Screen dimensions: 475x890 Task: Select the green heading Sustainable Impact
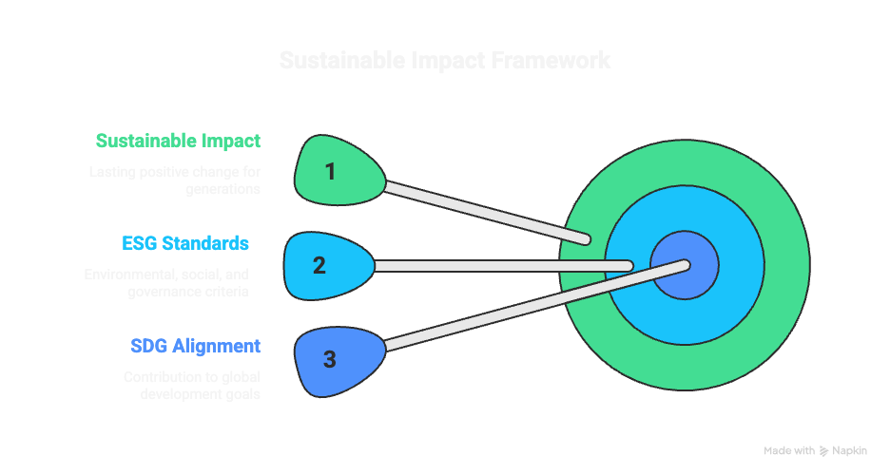pyautogui.click(x=178, y=141)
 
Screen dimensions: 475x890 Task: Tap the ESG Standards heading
pyautogui.click(x=185, y=243)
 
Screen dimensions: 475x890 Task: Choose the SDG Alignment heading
pyautogui.click(x=194, y=345)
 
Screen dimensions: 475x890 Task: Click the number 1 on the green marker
pyautogui.click(x=330, y=172)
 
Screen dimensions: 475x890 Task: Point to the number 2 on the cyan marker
pyautogui.click(x=319, y=265)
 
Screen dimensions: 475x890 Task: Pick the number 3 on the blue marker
pyautogui.click(x=329, y=359)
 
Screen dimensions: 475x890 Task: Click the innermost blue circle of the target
pyautogui.click(x=685, y=264)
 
